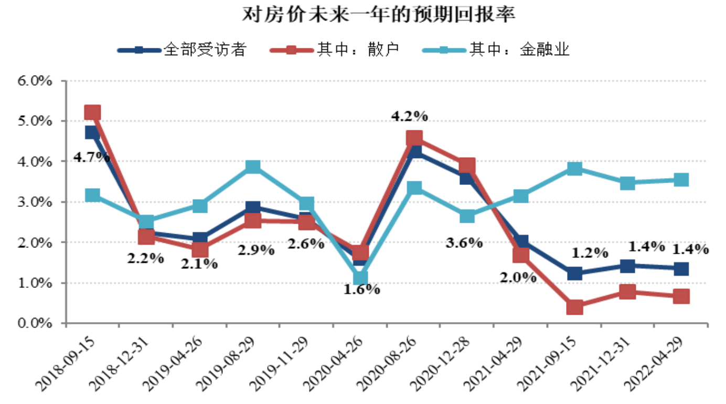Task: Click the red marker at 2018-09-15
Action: [x=92, y=112]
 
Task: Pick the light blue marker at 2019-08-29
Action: [x=253, y=167]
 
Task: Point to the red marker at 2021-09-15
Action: [x=574, y=307]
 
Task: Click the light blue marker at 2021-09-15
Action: [x=574, y=169]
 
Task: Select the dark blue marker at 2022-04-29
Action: [x=681, y=268]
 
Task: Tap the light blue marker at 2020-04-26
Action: [x=360, y=278]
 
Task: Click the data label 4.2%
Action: [x=410, y=116]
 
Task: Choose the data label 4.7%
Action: [x=91, y=157]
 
